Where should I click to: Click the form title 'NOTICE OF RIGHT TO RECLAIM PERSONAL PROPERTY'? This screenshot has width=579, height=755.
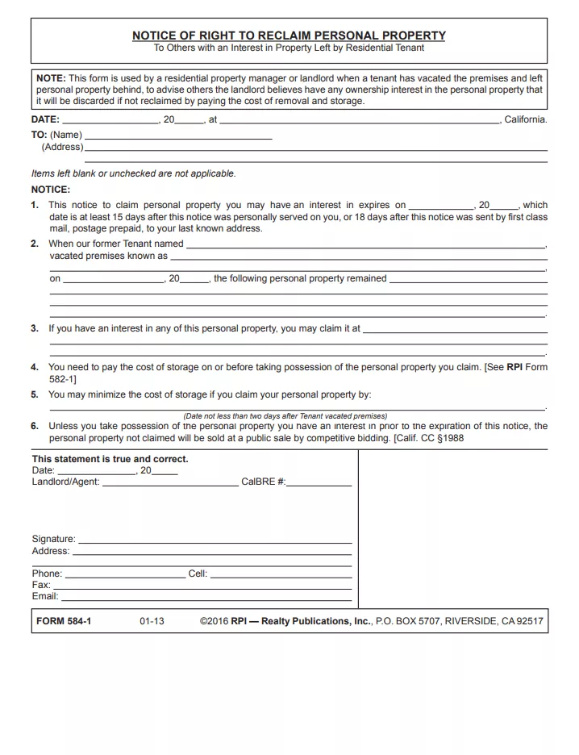click(289, 35)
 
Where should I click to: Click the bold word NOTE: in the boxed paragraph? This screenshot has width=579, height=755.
click(51, 78)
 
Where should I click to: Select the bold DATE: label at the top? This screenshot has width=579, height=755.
click(45, 119)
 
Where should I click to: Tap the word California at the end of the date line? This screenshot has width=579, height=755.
click(525, 119)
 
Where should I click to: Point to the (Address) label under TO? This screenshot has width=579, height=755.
click(62, 147)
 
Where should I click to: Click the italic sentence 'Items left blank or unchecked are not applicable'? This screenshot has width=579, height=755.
click(133, 173)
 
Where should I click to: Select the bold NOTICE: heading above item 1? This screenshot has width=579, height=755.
click(51, 190)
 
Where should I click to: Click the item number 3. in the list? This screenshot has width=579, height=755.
click(35, 329)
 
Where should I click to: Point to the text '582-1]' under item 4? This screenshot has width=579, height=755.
click(63, 379)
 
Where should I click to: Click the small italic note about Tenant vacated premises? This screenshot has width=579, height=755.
click(285, 416)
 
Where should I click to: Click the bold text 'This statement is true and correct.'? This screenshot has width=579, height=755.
click(110, 459)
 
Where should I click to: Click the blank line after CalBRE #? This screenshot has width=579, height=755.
click(319, 485)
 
